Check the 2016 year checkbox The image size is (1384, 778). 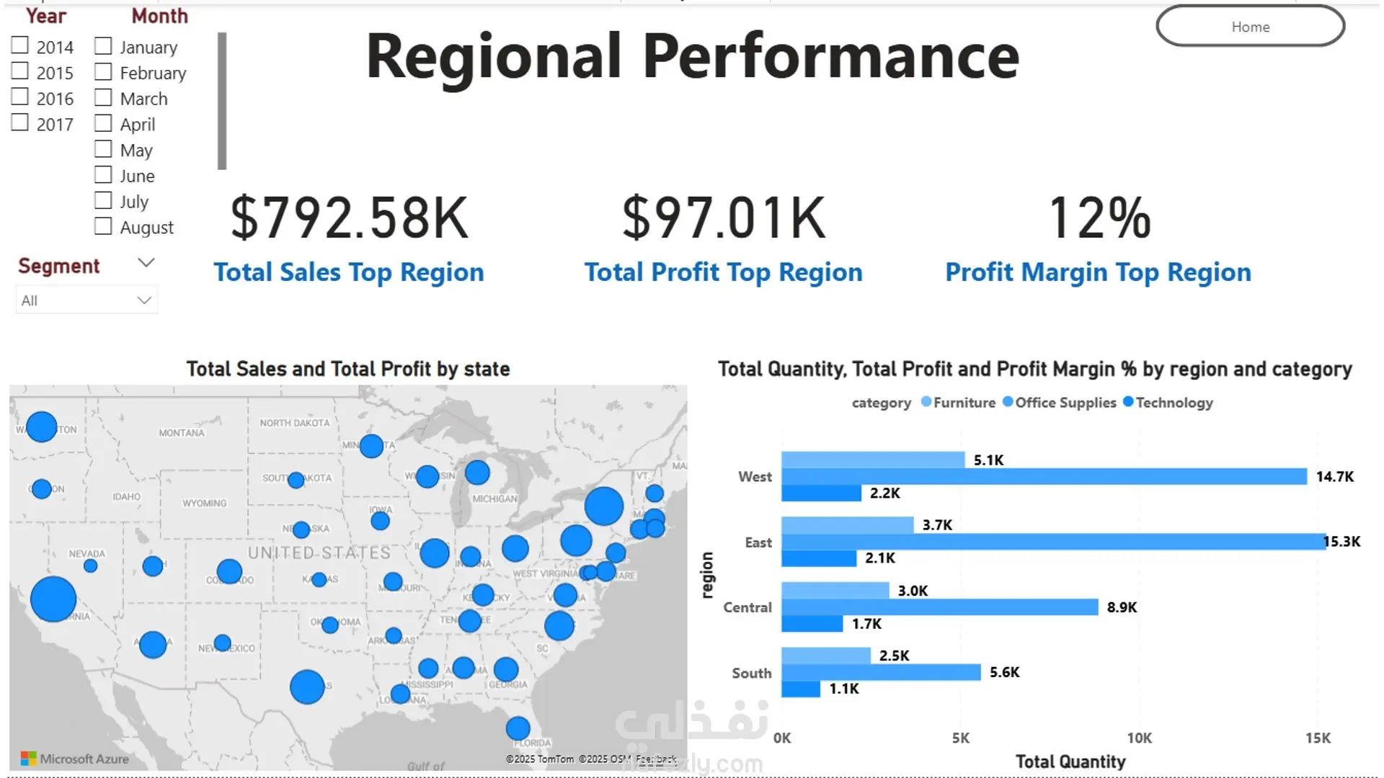click(20, 97)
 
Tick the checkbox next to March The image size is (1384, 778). click(103, 97)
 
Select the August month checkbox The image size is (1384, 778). click(103, 226)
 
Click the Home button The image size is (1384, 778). click(1250, 27)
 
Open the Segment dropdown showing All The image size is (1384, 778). click(86, 300)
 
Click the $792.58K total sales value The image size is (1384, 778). click(349, 218)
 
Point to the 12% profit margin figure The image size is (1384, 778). click(1099, 218)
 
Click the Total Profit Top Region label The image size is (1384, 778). click(723, 272)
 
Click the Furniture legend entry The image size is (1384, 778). click(964, 403)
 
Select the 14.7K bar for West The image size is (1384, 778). click(1043, 476)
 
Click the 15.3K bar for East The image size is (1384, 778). click(1052, 542)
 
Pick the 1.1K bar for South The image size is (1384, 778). click(800, 689)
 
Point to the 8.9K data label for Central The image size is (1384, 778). click(1122, 607)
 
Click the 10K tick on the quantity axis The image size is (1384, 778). click(1139, 738)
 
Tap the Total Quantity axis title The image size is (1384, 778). click(1070, 761)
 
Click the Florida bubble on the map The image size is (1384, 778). click(518, 728)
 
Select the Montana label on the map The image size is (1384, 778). click(182, 433)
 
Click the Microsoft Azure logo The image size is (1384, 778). click(75, 759)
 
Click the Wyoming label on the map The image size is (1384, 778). click(204, 503)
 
